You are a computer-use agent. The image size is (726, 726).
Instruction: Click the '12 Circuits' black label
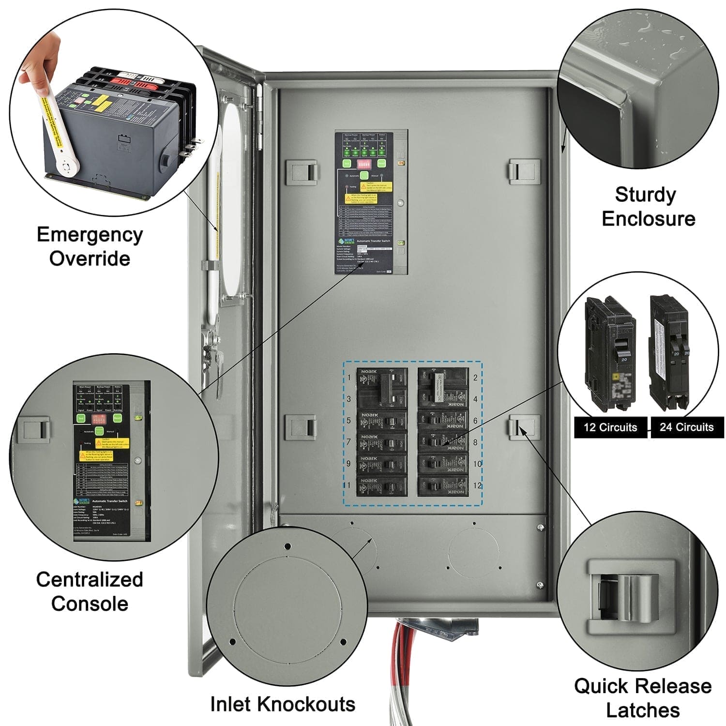point(610,427)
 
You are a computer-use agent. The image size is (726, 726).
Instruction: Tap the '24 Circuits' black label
point(686,427)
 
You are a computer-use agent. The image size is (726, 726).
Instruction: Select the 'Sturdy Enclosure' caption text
point(648,207)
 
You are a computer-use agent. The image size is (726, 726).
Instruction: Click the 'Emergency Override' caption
point(90,246)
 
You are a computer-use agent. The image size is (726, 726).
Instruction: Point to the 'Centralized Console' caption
point(90,591)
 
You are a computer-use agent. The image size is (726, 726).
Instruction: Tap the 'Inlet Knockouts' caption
point(283,704)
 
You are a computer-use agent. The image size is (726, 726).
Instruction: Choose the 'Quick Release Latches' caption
point(643,698)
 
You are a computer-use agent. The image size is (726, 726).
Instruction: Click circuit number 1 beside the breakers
point(349,378)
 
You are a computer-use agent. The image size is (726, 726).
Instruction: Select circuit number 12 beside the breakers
point(477,485)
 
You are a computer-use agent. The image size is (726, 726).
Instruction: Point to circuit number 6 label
point(475,421)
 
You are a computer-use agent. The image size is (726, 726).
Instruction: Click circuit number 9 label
point(348,464)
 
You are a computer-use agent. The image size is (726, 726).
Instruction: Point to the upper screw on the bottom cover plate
point(541,527)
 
